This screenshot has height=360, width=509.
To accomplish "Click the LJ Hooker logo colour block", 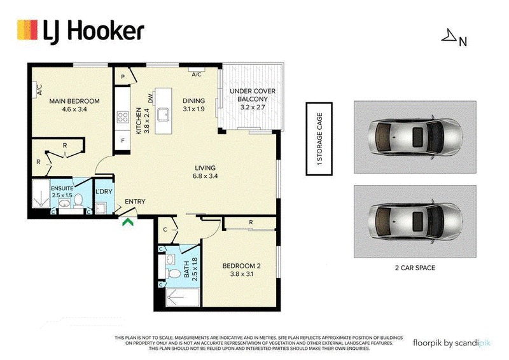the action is coord(27,30).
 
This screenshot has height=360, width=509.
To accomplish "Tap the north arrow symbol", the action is coord(449,36).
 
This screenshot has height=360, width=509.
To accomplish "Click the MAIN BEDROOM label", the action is coord(74,101).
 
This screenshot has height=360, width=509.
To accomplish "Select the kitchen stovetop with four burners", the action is coord(123,117).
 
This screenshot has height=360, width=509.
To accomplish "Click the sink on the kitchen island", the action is coord(163,114).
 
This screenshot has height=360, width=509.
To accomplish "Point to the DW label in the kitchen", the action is coord(150,99).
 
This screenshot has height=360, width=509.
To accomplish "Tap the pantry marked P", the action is coord(123,76).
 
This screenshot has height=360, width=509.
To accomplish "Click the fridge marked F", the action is coord(123,141).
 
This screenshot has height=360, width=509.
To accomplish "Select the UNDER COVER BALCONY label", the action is coord(253,95).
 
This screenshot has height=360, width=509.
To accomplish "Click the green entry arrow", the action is coord(128,223).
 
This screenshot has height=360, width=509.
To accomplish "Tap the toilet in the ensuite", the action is coord(78,200).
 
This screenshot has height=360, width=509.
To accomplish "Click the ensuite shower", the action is coord(41,193).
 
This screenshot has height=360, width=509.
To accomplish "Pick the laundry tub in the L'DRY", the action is coord(101,208).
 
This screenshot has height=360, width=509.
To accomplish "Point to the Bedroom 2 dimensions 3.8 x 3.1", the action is coord(242,274).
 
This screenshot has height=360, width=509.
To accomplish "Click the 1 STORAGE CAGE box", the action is coord(319,139).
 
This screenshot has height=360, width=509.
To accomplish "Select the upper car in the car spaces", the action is coord(415,137).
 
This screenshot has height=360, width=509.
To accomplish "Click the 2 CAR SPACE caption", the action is coord(415,268).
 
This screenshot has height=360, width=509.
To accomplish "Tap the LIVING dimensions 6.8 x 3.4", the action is coord(205,176).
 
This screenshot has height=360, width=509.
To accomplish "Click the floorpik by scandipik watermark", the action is coord(452,343).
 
